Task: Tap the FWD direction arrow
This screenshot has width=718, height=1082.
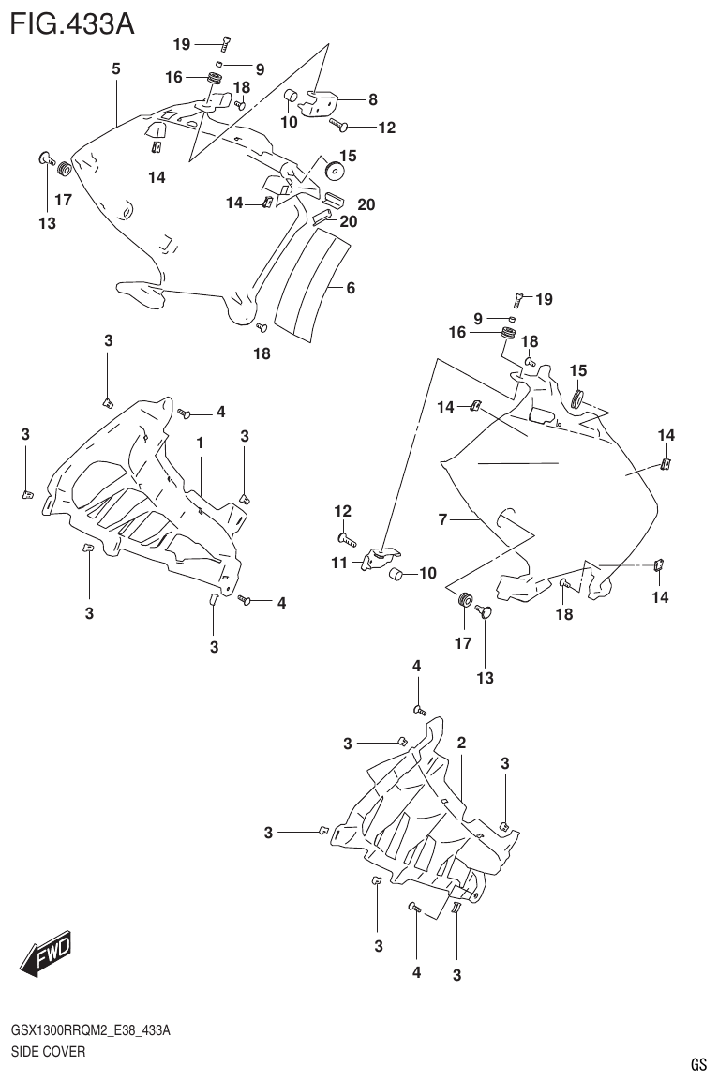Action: pos(44,954)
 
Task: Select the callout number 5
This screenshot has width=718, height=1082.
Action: pos(116,68)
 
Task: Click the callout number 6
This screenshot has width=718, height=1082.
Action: pos(350,289)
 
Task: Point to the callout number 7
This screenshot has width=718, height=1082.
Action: pos(443,518)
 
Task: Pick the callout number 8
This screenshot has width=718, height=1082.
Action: pos(372,98)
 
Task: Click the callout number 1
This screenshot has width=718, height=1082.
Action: pos(200,441)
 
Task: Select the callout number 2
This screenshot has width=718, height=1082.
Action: pos(461,743)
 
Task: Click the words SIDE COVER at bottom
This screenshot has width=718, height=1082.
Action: pos(48,1052)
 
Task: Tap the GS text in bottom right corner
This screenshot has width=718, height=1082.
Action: pos(698,1064)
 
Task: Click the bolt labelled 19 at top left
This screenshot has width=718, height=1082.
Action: pos(226,41)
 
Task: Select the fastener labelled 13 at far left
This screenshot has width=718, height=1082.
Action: pos(45,158)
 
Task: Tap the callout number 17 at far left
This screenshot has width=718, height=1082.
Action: pos(63,200)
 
